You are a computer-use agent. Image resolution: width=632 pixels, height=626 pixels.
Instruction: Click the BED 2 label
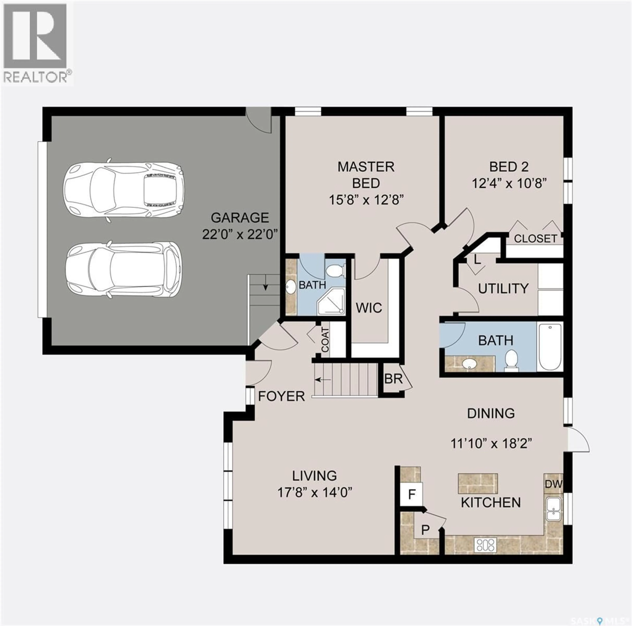coord(509,167)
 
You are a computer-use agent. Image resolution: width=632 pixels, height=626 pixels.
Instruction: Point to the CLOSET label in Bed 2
coord(535,239)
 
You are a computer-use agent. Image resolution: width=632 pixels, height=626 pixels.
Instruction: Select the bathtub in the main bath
coord(550,347)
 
